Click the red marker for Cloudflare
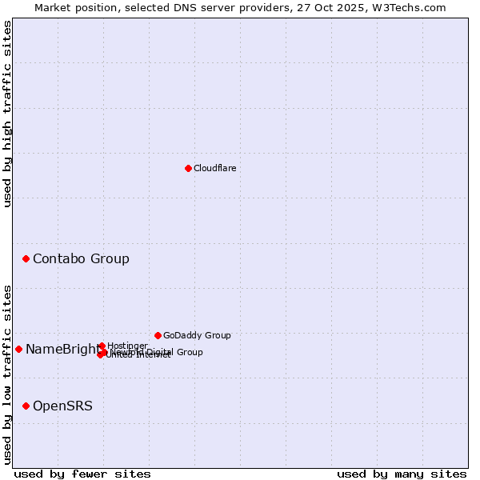coord(188,168)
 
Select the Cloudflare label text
coord(214,168)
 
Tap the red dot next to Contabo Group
coord(26,258)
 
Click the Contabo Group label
coord(81,258)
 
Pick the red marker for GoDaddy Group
coord(158,335)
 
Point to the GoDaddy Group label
coord(197,335)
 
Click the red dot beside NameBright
coord(18,349)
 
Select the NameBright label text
coord(62,349)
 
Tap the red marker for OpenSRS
coord(26,406)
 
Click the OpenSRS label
coord(62,406)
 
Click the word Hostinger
coord(127,346)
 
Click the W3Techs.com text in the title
coord(412,7)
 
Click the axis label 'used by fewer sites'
coord(82,474)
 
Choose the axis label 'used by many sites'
coord(402,474)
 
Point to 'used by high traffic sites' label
coord(7,114)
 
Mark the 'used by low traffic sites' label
coord(7,374)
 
